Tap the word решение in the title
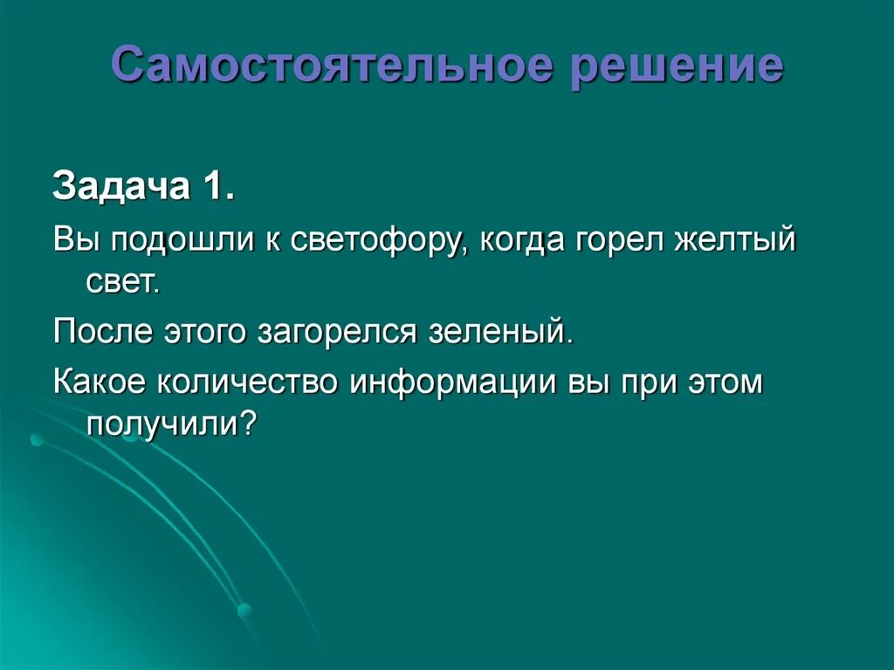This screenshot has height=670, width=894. point(677,67)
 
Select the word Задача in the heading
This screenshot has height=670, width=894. point(120,186)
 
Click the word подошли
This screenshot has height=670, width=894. point(182,240)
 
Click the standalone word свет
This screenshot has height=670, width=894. point(122,281)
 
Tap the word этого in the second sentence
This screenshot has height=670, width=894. point(205,332)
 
